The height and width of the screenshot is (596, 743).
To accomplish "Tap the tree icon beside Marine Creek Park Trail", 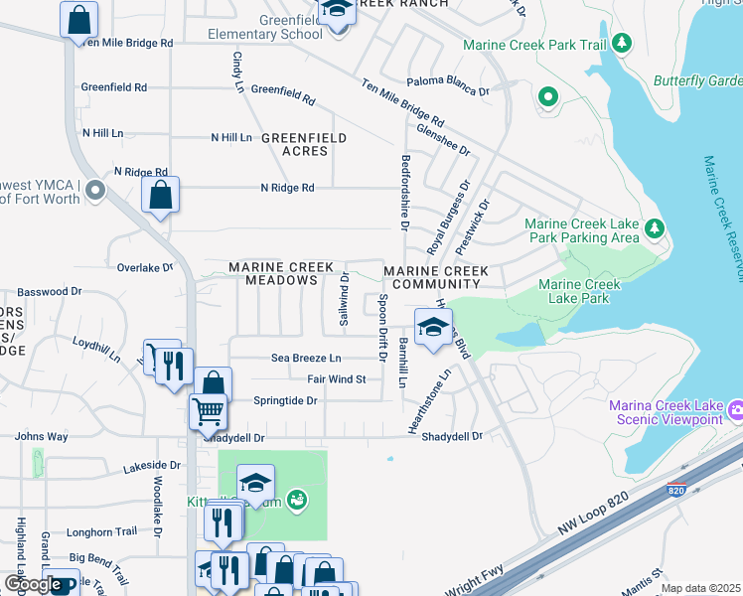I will coord(621,43).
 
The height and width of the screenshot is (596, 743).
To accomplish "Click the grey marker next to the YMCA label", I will coord(95,189).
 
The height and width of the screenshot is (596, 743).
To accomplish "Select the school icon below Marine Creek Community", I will coord(433,327).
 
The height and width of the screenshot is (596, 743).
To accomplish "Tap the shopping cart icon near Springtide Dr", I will coord(208,409).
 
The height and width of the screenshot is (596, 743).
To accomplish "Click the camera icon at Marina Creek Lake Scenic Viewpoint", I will coord(735,409).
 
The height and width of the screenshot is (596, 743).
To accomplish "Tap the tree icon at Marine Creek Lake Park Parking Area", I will coord(654,230).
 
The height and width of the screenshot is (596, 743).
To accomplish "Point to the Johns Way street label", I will coord(41,436).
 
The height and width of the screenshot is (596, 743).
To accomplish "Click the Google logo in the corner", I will coord(32,584).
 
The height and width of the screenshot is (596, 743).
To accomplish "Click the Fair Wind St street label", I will coord(337,379).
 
